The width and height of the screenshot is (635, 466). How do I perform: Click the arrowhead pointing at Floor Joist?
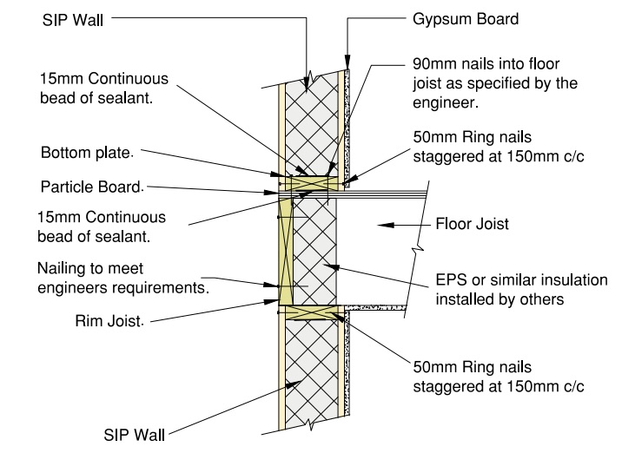click(387, 224)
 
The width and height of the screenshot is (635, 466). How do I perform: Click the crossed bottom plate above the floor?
click(308, 183)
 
